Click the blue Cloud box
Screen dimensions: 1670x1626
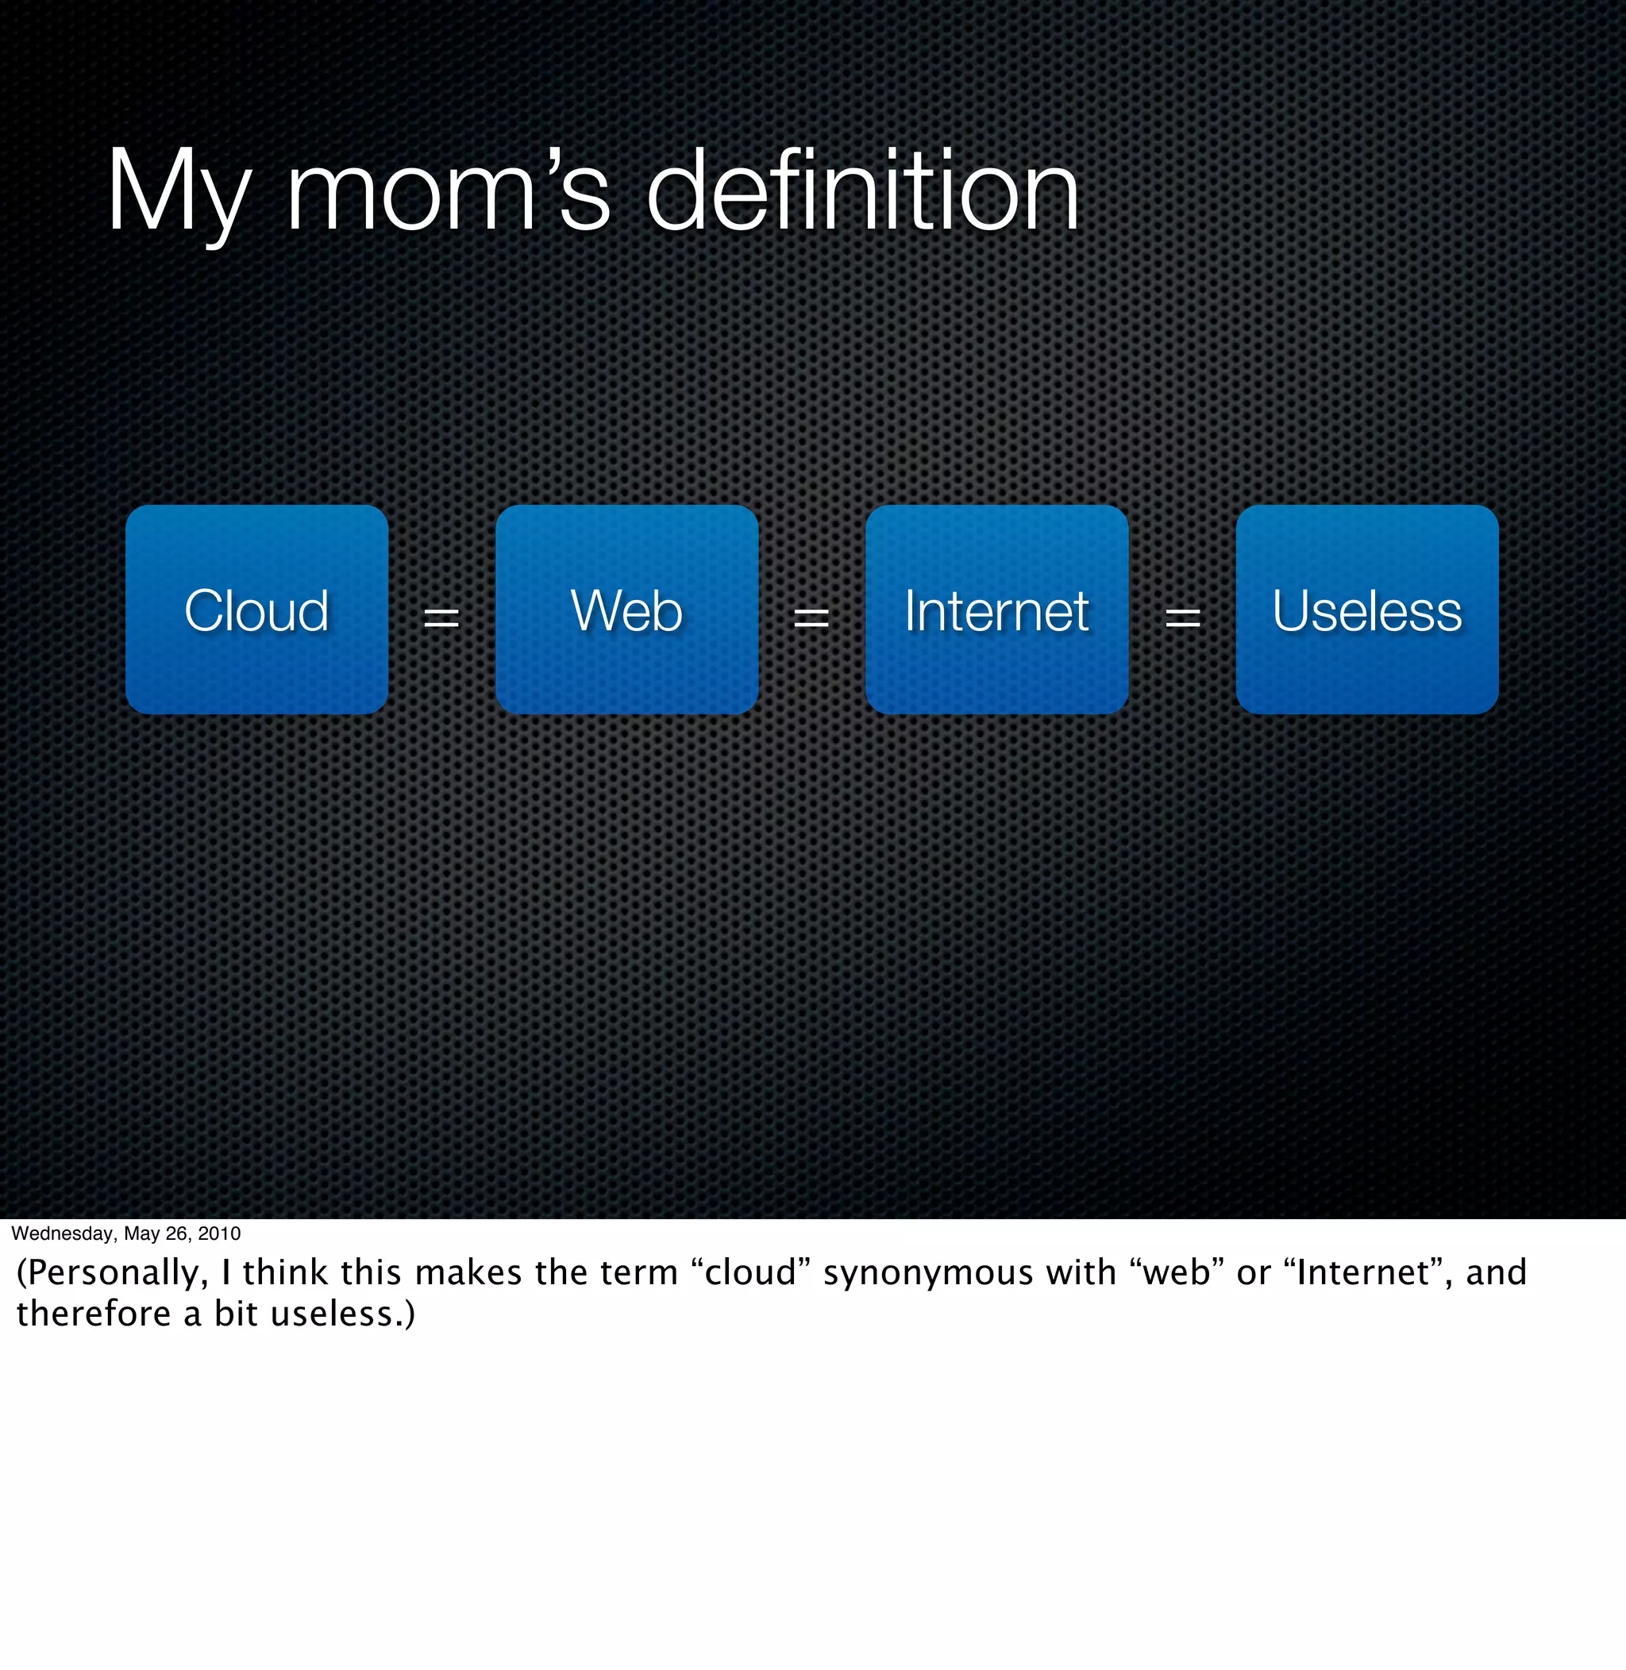pos(256,610)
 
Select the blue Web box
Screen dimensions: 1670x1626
pos(627,610)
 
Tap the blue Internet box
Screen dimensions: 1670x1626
pos(996,610)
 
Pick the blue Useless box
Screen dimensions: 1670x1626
pos(1366,610)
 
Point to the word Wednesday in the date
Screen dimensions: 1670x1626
pos(63,1233)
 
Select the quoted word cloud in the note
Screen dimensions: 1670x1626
pos(749,1273)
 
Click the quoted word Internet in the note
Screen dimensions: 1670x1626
pos(1363,1273)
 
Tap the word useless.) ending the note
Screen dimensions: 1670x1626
pos(342,1314)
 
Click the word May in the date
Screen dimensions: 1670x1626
pos(141,1233)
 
